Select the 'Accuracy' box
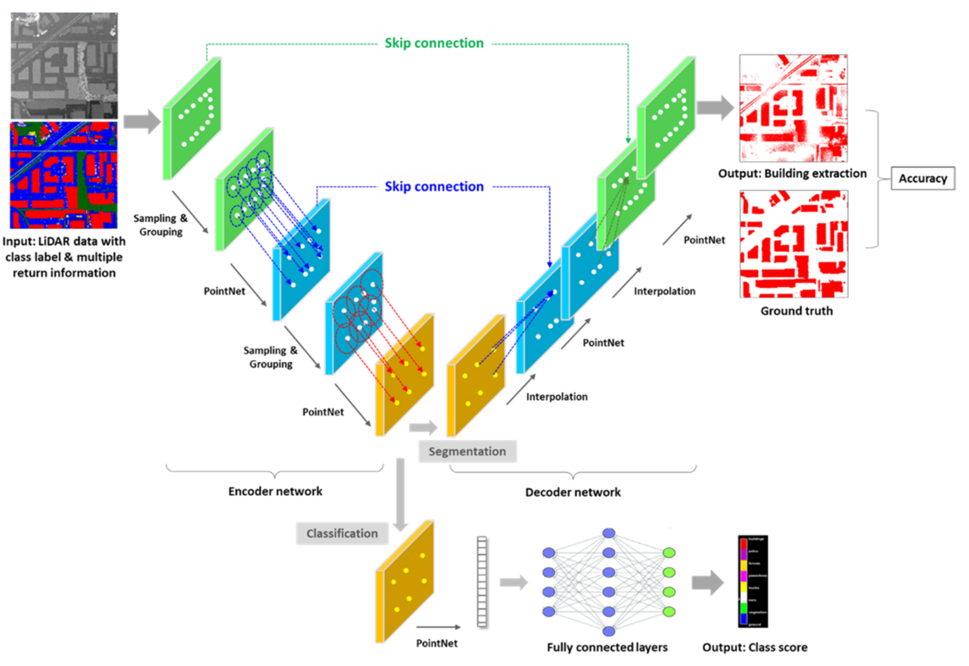(x=922, y=178)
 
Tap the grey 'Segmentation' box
(x=467, y=451)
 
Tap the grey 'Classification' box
(x=342, y=533)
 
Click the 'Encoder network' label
(x=275, y=492)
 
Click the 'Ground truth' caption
(x=796, y=311)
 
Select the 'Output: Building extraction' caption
(x=792, y=173)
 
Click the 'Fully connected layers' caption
(x=607, y=647)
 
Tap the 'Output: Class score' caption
(x=755, y=647)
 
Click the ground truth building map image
(x=793, y=244)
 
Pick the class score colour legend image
(x=753, y=581)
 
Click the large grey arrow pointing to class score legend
(x=707, y=582)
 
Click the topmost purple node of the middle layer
(x=609, y=533)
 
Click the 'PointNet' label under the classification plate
(x=437, y=643)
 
